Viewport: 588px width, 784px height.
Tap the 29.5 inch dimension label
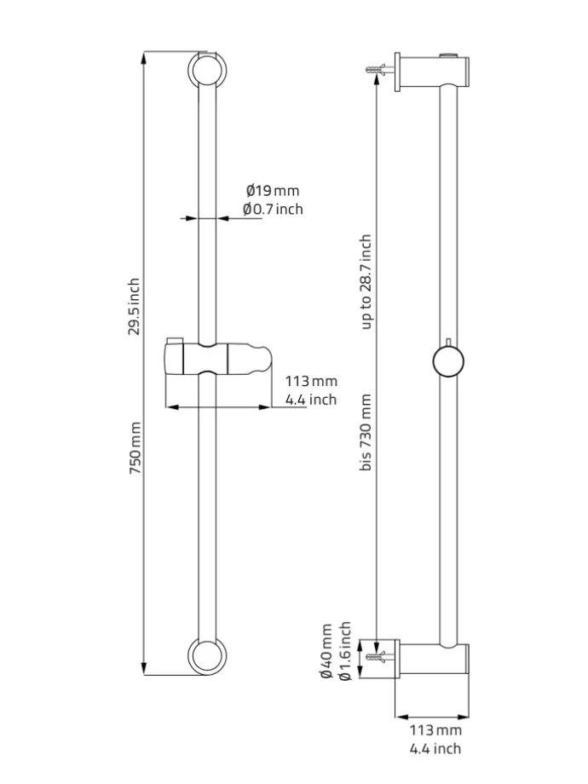coord(135,306)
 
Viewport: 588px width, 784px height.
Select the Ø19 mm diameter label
coord(273,191)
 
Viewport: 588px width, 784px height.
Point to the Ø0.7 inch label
coord(273,209)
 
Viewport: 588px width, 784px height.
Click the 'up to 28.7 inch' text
coord(366,282)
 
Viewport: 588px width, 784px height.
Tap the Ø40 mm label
coord(326,651)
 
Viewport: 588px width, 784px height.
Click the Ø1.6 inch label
coord(344,651)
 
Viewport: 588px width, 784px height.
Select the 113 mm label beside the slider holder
coord(311,381)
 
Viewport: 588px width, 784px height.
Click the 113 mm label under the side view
coord(435,730)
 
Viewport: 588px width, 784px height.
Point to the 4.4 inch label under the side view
coord(435,748)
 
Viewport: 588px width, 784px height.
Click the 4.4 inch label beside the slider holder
coord(311,400)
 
